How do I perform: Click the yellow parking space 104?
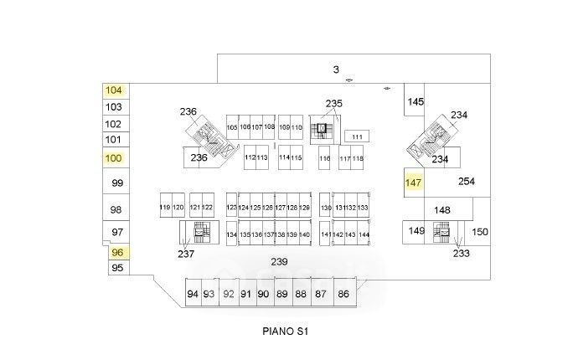coord(114,90)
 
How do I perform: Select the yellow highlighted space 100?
coord(114,157)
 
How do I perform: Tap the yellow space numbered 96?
coord(117,251)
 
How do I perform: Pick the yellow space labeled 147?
coord(412,182)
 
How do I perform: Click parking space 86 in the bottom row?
coord(343,294)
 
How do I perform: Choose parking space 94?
coord(193,294)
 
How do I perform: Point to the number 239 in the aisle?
coord(279,262)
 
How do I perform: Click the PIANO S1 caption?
coord(286,332)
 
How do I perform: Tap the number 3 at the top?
coord(335,69)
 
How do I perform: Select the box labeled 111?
coord(358,136)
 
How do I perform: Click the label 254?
coord(467,182)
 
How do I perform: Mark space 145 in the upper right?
coord(416,101)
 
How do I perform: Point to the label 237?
coord(186,253)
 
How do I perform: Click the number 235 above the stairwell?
coord(333,103)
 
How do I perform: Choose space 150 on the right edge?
coord(479,232)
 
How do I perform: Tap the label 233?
coord(461,252)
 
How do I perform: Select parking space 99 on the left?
coord(117,183)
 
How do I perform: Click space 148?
coord(442,210)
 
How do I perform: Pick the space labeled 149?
coord(416,230)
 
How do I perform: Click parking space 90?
coord(263,294)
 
